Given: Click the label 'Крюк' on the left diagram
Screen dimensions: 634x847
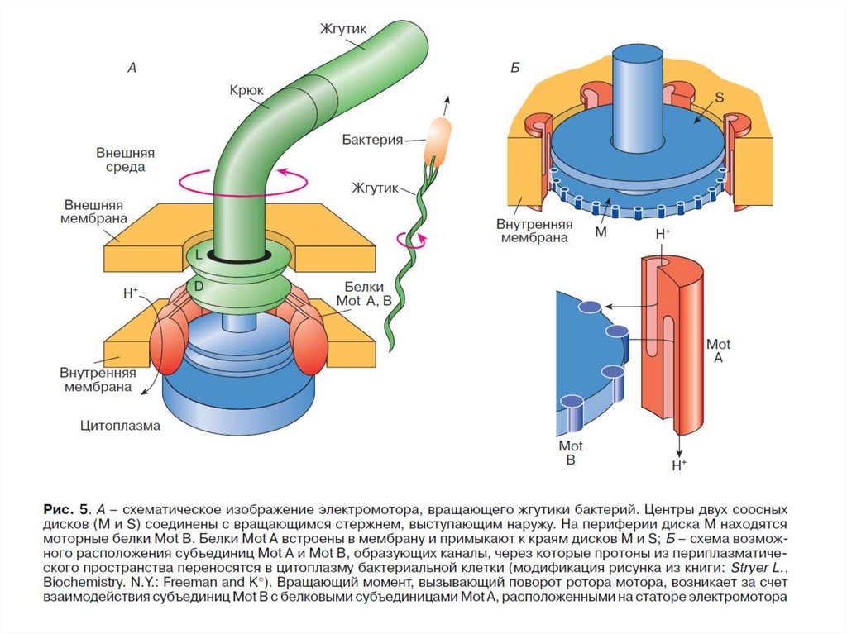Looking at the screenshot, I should point(246,87).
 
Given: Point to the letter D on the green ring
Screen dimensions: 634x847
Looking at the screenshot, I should point(199,286).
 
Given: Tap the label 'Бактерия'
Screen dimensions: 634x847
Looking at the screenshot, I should point(372,140).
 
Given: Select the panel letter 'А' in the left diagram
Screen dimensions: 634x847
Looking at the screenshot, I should point(131,69).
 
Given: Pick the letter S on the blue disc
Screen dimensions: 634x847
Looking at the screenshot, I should point(718,98).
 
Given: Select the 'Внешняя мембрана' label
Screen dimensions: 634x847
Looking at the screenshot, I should point(92,211).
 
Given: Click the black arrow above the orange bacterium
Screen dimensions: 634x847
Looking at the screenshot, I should point(447,106).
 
